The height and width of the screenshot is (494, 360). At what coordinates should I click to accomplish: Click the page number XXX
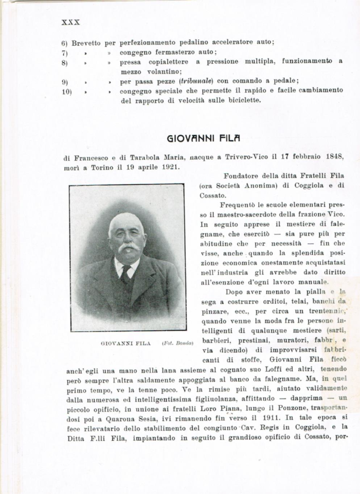70,22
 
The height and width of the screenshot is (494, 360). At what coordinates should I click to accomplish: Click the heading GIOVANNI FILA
204,138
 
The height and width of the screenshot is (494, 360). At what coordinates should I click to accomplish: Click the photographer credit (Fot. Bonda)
177,343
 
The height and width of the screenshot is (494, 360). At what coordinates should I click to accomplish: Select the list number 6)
65,43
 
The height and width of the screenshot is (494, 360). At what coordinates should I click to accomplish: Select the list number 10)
66,91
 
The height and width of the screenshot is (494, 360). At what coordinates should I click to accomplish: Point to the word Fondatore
243,176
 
